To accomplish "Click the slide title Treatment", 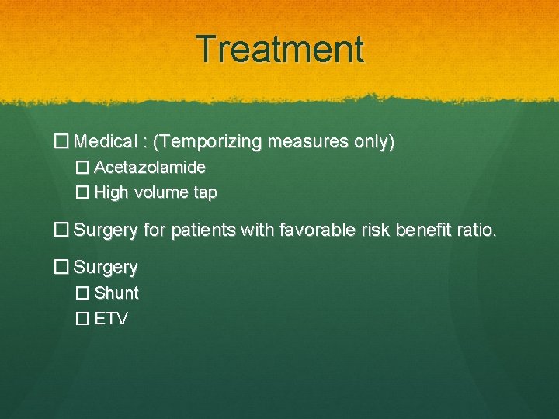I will pyautogui.click(x=279, y=50).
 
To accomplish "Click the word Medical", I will pyautogui.click(x=106, y=143).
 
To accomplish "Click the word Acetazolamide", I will pyautogui.click(x=150, y=168).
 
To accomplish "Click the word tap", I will pyautogui.click(x=205, y=192).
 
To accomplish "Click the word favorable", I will pyautogui.click(x=319, y=230).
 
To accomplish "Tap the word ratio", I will pyautogui.click(x=477, y=230).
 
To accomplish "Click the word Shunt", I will pyautogui.click(x=116, y=293).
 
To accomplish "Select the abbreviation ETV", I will pyautogui.click(x=111, y=318).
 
